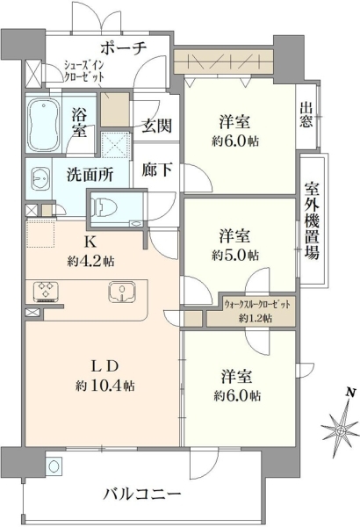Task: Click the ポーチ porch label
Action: point(124,48)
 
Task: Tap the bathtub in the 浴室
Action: point(43,125)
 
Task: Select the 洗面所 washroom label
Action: point(90,175)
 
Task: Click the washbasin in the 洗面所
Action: point(40,179)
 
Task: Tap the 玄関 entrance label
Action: point(156,126)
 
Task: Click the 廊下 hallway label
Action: point(156,170)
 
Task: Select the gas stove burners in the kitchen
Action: point(47,291)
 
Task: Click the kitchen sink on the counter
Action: point(122,291)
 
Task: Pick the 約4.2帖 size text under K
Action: point(90,261)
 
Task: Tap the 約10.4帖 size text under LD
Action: point(105,386)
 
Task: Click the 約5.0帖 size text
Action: point(235,256)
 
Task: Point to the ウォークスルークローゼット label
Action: point(257,305)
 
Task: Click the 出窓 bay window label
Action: point(306,115)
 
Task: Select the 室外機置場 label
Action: point(312,221)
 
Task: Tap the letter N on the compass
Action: point(351,392)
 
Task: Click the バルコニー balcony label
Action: point(142,494)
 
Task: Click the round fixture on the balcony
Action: point(54,466)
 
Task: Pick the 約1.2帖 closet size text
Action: point(256,318)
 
